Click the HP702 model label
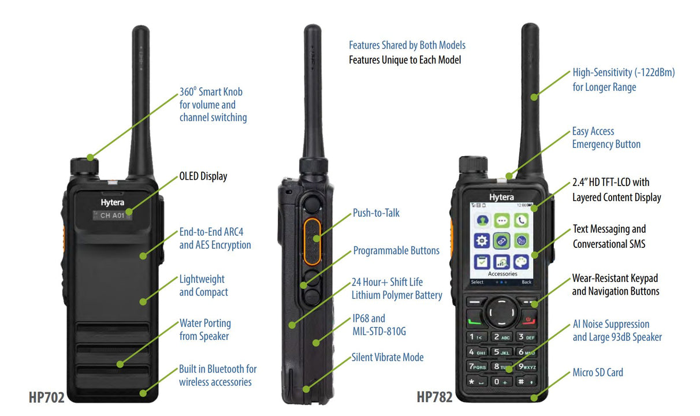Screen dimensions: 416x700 pyautogui.click(x=46, y=398)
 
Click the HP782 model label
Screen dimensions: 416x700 pyautogui.click(x=434, y=398)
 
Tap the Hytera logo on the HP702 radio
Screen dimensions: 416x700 pyautogui.click(x=112, y=203)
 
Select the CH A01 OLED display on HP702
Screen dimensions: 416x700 pyautogui.click(x=113, y=216)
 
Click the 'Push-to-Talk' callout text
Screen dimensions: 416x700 pyautogui.click(x=376, y=213)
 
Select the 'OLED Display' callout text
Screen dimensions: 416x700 pyautogui.click(x=203, y=176)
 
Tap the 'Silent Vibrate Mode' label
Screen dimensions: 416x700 pyautogui.click(x=388, y=358)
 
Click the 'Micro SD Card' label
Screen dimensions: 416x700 pyautogui.click(x=598, y=373)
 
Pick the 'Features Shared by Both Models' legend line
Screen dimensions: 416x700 pyautogui.click(x=407, y=45)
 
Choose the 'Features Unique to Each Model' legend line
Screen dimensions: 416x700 pyautogui.click(x=405, y=60)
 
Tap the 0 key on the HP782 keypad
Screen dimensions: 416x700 pyautogui.click(x=501, y=381)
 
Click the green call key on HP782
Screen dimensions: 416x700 pyautogui.click(x=474, y=320)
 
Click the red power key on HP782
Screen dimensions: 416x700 pyautogui.click(x=528, y=320)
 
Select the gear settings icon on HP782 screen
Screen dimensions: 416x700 pyautogui.click(x=482, y=240)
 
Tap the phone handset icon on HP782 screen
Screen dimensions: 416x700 pyautogui.click(x=521, y=220)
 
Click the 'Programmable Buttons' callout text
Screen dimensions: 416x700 pyautogui.click(x=396, y=251)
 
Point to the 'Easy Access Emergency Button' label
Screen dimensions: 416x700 pyautogui.click(x=606, y=138)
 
